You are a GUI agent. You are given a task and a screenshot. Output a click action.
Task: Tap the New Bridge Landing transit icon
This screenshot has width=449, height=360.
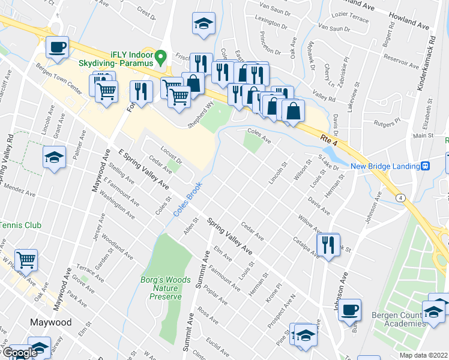[424, 166]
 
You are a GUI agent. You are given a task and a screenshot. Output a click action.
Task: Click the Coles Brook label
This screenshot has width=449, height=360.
[187, 199]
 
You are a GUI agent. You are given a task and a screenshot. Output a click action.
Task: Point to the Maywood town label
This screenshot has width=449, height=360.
[51, 322]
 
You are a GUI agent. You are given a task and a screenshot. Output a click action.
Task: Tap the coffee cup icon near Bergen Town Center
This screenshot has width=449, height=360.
[58, 47]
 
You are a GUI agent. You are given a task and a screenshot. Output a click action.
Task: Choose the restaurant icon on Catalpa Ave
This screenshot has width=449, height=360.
[328, 244]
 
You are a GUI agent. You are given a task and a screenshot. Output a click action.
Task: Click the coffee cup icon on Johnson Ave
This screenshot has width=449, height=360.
[349, 310]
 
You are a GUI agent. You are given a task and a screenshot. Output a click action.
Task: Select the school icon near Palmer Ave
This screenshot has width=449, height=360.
[54, 158]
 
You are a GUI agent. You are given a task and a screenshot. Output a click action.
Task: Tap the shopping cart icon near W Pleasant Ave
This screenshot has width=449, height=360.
[26, 260]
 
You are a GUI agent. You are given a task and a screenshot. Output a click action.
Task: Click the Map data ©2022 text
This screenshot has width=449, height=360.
[424, 355]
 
